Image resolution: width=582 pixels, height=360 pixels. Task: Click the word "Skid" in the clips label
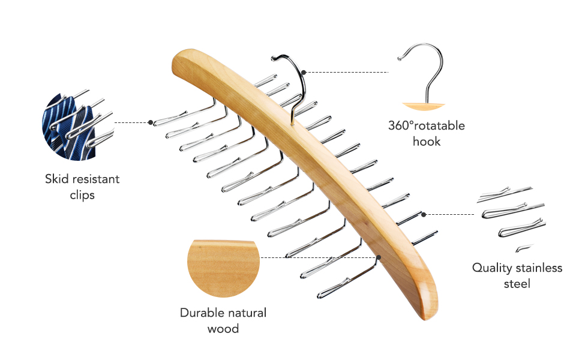click(x=57, y=179)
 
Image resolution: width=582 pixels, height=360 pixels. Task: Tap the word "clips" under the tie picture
click(x=82, y=195)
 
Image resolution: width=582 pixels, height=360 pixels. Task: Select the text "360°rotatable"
click(x=426, y=126)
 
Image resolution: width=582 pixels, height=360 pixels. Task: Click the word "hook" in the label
click(x=426, y=142)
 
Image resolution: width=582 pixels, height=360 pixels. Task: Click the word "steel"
click(x=517, y=283)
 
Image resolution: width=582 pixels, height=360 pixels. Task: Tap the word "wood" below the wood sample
click(x=223, y=328)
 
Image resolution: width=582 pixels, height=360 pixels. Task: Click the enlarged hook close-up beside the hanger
click(x=424, y=78)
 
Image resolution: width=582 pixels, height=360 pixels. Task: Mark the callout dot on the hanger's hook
click(x=304, y=72)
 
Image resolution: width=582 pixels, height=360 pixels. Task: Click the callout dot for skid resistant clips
click(x=150, y=122)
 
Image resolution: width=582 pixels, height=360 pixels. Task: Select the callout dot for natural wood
click(x=379, y=258)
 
